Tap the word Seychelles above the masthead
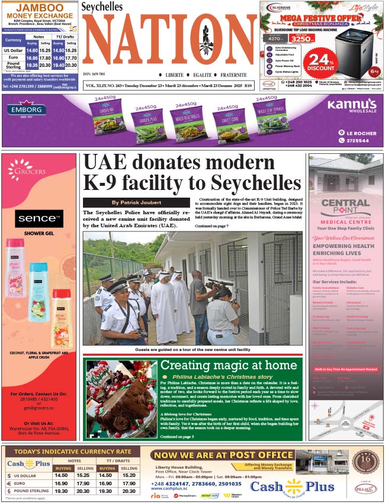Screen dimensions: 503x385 [102, 7]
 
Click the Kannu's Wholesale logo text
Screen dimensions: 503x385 [351, 106]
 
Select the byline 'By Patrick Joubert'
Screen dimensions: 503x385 [136, 202]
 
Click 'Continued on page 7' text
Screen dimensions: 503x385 [211, 226]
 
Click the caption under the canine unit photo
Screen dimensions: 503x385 [192, 350]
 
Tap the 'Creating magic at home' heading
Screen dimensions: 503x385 [228, 365]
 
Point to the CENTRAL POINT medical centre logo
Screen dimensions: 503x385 [345, 208]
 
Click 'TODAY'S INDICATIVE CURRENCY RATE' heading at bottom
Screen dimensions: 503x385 [72, 452]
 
